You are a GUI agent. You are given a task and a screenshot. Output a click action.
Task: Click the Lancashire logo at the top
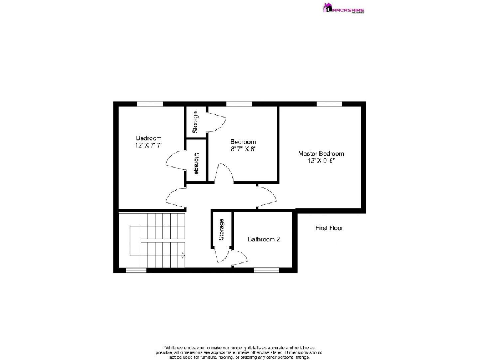[343, 9]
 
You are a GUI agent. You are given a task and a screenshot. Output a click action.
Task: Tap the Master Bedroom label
[321, 153]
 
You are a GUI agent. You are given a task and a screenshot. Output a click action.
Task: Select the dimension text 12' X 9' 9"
[321, 161]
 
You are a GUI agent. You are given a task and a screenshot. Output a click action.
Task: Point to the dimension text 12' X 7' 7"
[149, 146]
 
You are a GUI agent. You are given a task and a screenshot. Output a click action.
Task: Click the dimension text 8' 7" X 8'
[242, 149]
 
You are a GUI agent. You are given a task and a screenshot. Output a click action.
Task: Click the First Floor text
[329, 228]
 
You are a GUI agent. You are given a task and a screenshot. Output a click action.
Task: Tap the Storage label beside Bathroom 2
[221, 230]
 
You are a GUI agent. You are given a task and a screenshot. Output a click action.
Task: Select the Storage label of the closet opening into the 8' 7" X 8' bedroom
[196, 121]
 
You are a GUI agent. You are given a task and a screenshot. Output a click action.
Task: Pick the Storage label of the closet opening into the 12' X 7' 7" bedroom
[197, 163]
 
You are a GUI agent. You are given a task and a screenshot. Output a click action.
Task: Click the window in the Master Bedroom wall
[329, 104]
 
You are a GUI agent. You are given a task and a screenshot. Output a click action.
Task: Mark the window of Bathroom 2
[266, 270]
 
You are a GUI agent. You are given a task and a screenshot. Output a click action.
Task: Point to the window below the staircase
[136, 270]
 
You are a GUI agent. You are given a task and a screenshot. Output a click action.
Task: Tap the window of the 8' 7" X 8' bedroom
[239, 104]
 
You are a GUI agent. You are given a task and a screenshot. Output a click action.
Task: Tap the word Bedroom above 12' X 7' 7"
[149, 138]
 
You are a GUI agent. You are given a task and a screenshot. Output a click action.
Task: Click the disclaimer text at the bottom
[239, 351]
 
